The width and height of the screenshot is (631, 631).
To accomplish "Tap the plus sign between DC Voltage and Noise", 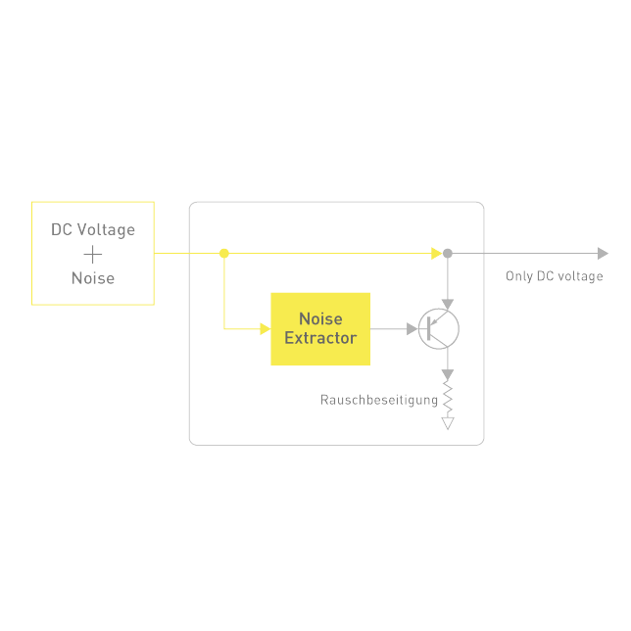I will point(93,255).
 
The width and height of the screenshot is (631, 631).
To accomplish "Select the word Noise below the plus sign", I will point(93,278).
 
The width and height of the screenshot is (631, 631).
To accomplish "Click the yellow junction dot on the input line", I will point(224,253).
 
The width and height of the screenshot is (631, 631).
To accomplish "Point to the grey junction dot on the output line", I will point(448,253).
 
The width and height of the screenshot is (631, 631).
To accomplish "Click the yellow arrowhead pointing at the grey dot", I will point(436,253).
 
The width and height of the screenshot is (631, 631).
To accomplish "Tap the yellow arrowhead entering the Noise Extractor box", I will point(265,329).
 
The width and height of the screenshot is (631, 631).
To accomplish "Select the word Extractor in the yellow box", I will point(320,338).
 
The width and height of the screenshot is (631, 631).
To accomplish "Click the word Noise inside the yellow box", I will point(320,319).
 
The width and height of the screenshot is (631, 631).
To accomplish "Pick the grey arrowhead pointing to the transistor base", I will point(412,329).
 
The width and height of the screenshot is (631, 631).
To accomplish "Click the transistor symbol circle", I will point(438,329).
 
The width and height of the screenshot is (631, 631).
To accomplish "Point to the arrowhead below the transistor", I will point(448,375).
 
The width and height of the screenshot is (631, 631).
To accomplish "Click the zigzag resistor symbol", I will point(448,400).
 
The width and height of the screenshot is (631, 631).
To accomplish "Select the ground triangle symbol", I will point(448,423).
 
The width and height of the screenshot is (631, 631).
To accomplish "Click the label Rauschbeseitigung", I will point(379,400).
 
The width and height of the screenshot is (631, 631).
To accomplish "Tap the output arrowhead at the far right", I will point(603,253).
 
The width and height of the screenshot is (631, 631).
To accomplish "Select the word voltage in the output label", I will point(581,276).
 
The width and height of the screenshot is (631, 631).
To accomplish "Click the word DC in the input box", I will point(62,230).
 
